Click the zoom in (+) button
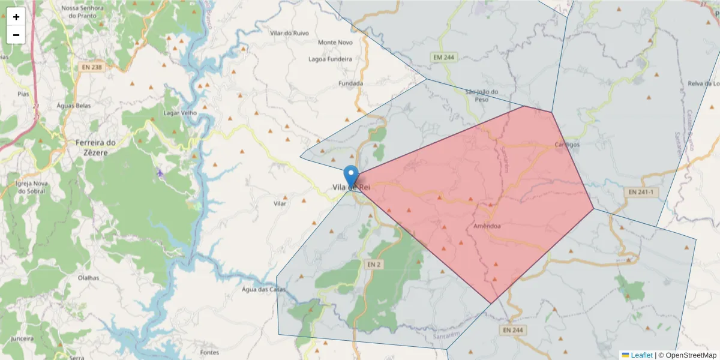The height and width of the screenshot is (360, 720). [x=16, y=17]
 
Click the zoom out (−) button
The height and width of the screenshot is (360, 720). [x=16, y=35]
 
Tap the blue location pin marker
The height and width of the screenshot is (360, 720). [x=352, y=176]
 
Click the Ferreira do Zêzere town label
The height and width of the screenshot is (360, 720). [x=95, y=148]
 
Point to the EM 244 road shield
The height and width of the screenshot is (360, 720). [x=444, y=57]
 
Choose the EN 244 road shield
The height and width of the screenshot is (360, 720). [x=513, y=330]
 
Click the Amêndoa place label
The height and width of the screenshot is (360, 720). [x=487, y=226]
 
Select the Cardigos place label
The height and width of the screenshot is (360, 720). [x=567, y=145]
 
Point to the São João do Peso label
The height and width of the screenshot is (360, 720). [x=482, y=95]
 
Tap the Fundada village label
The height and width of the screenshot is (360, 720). [x=350, y=83]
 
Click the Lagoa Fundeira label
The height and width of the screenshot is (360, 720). [x=330, y=59]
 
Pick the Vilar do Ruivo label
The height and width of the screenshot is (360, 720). [x=290, y=34]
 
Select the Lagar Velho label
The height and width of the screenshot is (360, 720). [x=180, y=113]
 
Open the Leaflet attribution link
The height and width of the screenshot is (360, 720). [x=641, y=355]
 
